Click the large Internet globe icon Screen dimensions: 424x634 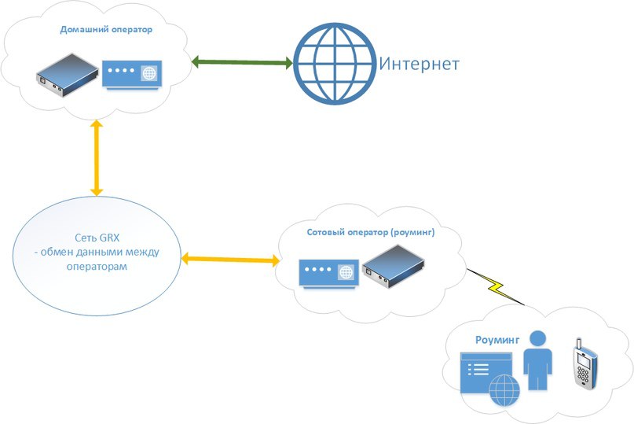tap(335, 64)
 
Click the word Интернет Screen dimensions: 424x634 tap(419, 65)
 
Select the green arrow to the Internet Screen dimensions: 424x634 tap(242, 62)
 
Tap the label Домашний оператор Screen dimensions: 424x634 tap(105, 29)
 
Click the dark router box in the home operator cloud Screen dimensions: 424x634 tap(66, 72)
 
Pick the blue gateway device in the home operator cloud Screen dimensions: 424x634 tap(131, 74)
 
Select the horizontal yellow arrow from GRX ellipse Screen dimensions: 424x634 tap(230, 258)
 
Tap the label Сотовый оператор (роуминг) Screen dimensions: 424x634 tap(370, 233)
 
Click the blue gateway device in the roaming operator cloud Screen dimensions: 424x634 tap(326, 272)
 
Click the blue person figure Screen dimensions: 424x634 tap(538, 359)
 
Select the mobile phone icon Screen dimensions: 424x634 tap(582, 367)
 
